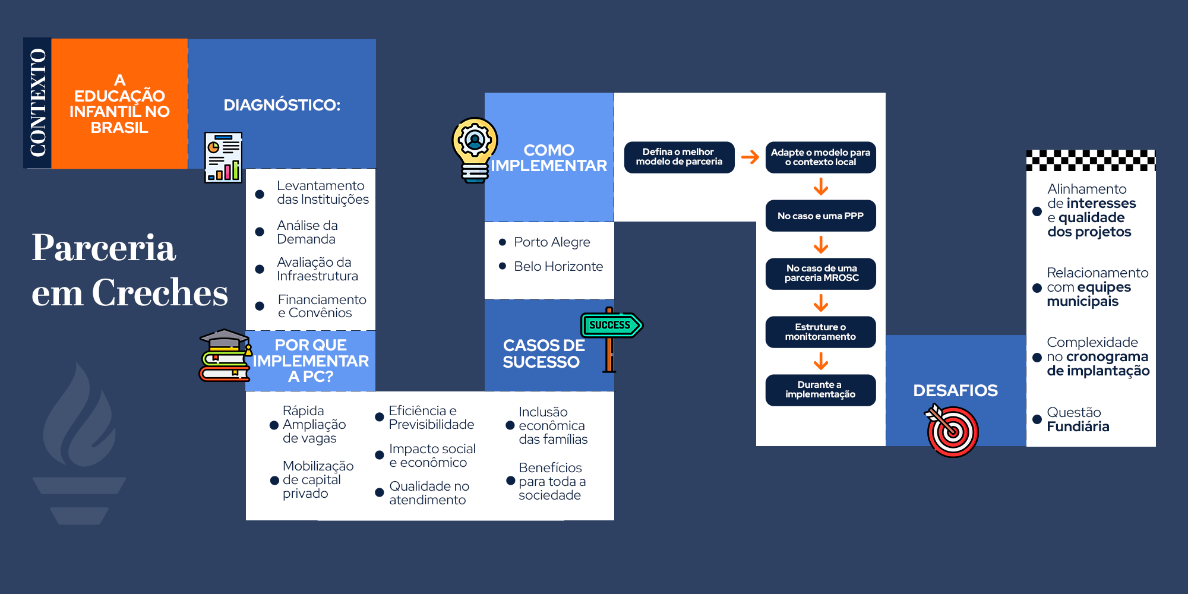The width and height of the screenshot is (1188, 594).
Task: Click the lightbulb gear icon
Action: pos(475,149)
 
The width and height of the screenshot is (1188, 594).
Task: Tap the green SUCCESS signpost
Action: pos(611,326)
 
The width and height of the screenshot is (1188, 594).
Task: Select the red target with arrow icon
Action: pos(952,431)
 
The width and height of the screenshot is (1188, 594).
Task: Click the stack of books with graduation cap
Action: pos(225,356)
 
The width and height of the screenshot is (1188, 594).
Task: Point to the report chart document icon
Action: pos(223,157)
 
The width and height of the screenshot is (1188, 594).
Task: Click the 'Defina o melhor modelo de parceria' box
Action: pos(679,157)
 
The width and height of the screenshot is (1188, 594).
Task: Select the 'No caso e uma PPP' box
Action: pos(820,216)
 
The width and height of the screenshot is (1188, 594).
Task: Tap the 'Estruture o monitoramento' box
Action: pos(820,332)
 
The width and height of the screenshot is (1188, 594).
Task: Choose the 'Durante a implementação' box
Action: pos(820,390)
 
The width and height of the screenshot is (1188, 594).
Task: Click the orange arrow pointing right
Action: pos(750,157)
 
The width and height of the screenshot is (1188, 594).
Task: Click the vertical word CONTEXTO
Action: pos(37,103)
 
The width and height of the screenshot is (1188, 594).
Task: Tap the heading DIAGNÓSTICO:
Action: pos(282,105)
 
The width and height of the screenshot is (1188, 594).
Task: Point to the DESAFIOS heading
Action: pos(955,390)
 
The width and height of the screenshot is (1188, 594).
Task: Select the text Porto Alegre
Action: pos(552,242)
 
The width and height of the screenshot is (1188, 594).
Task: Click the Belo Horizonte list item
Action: pos(558,267)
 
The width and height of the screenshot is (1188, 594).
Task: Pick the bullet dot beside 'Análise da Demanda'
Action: pos(260,232)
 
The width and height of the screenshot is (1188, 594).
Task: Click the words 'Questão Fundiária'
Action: pos(1078,419)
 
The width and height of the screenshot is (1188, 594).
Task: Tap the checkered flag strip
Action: pos(1091,160)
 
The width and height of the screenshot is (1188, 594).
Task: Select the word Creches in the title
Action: pos(160,292)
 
